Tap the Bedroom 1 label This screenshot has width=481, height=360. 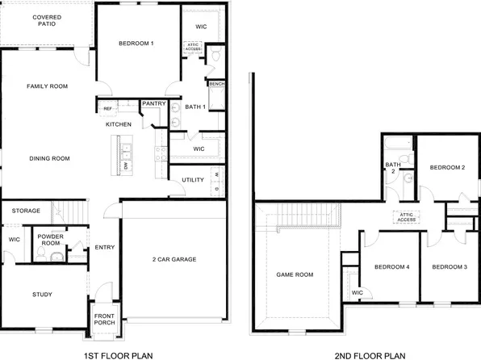[136, 43]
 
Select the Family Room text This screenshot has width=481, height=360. [46, 86]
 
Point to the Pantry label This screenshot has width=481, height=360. [153, 103]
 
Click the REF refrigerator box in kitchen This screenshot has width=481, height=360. [107, 108]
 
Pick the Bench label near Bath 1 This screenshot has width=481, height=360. [216, 84]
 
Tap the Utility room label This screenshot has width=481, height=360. [193, 179]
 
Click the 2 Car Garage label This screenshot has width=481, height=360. [175, 259]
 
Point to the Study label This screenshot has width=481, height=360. [42, 295]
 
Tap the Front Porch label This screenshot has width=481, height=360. [105, 320]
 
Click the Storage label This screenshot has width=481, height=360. [26, 211]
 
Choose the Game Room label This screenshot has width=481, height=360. [294, 274]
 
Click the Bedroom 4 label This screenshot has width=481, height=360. [391, 267]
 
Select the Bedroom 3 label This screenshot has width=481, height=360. [449, 267]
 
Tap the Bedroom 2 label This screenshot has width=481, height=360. [447, 168]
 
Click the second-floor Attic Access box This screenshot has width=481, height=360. [406, 216]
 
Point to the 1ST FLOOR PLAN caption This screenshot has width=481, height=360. [119, 354]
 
